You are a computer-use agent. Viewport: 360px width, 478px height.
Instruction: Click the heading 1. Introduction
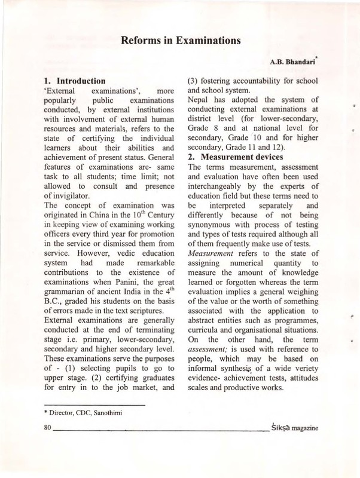click(x=76, y=80)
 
